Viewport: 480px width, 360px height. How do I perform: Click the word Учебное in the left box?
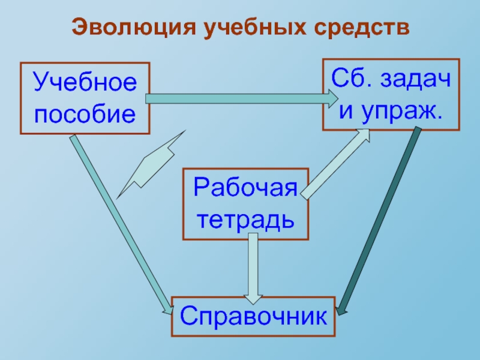point(85,82)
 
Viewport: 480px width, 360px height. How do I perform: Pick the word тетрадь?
point(245,219)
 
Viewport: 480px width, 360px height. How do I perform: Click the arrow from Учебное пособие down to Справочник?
point(120,222)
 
